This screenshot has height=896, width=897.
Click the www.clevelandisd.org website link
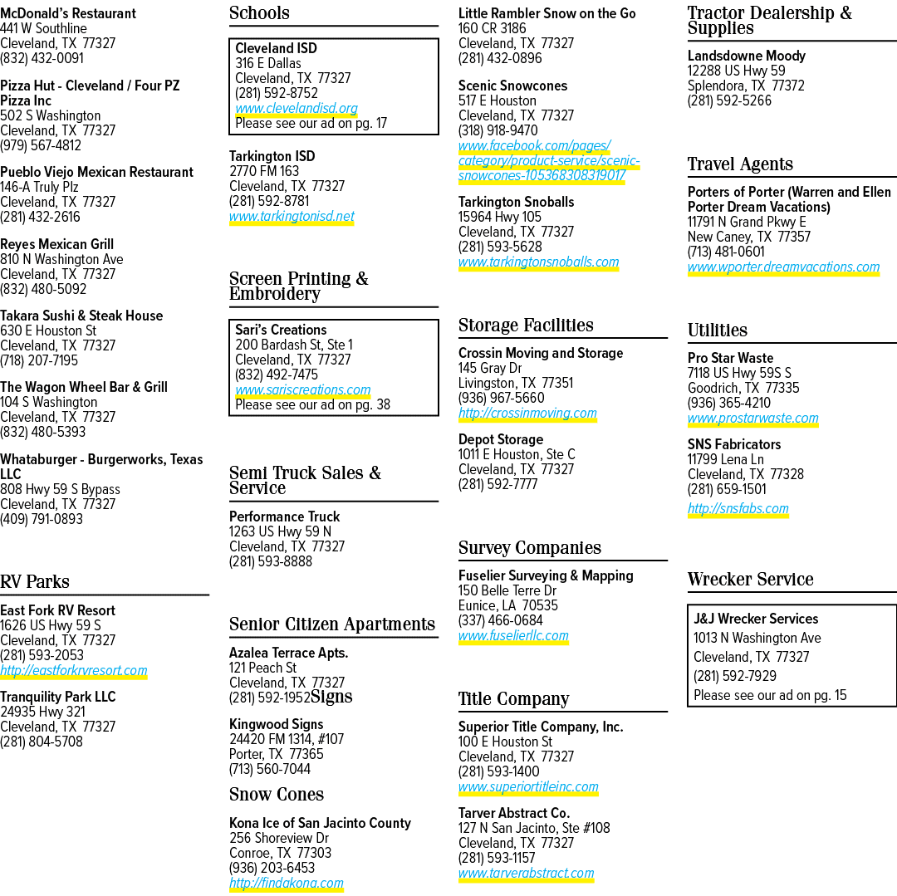[x=297, y=108]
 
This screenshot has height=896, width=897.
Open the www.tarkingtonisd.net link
[x=292, y=216]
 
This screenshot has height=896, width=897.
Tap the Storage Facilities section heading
[x=526, y=326]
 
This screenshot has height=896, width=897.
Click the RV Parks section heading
[x=35, y=581]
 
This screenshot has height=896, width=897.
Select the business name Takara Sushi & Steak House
[x=81, y=316]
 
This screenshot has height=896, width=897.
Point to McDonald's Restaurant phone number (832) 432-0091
[x=42, y=58]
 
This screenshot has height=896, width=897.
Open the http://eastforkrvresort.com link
[x=74, y=670]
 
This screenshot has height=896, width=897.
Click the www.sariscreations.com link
[x=302, y=389]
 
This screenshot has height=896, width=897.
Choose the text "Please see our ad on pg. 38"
[x=312, y=405]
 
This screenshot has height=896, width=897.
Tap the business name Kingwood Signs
[x=277, y=724]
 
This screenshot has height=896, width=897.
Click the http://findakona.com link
[x=286, y=883]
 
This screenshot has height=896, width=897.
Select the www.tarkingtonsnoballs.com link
[x=538, y=262]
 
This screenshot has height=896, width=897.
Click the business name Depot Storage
[x=501, y=439]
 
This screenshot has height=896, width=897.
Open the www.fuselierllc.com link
[x=513, y=635]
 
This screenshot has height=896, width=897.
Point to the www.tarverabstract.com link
[x=526, y=873]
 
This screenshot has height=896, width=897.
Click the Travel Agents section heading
[x=740, y=164]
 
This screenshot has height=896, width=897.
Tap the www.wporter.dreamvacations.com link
[x=783, y=267]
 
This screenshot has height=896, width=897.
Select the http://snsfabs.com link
[x=738, y=508]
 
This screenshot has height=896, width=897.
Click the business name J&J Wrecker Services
[x=756, y=619]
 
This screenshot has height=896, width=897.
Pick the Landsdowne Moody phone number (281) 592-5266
[x=729, y=100]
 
